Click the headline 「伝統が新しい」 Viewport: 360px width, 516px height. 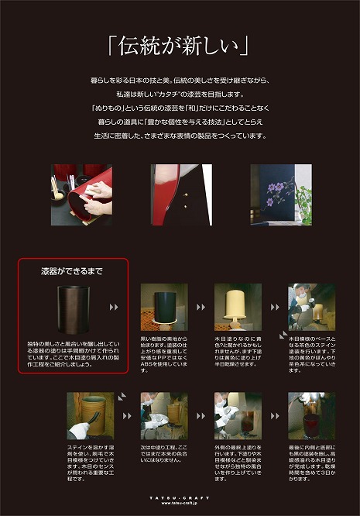coord(180,47)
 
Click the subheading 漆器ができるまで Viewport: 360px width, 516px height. coord(72,271)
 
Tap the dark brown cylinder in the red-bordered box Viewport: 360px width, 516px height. coord(72,308)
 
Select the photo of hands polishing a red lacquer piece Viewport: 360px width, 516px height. coord(81,190)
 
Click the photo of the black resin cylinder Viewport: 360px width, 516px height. coord(163,307)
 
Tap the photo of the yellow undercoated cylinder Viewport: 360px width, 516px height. coord(238,307)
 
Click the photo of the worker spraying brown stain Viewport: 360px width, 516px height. coord(311,307)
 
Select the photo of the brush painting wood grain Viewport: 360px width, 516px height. coord(89,415)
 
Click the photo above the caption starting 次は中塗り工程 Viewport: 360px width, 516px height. coord(163,415)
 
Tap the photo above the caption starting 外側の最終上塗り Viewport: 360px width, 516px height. coord(238,415)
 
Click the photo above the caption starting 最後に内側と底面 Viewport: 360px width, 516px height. coord(311,415)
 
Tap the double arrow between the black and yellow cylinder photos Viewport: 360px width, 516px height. coord(200,307)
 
